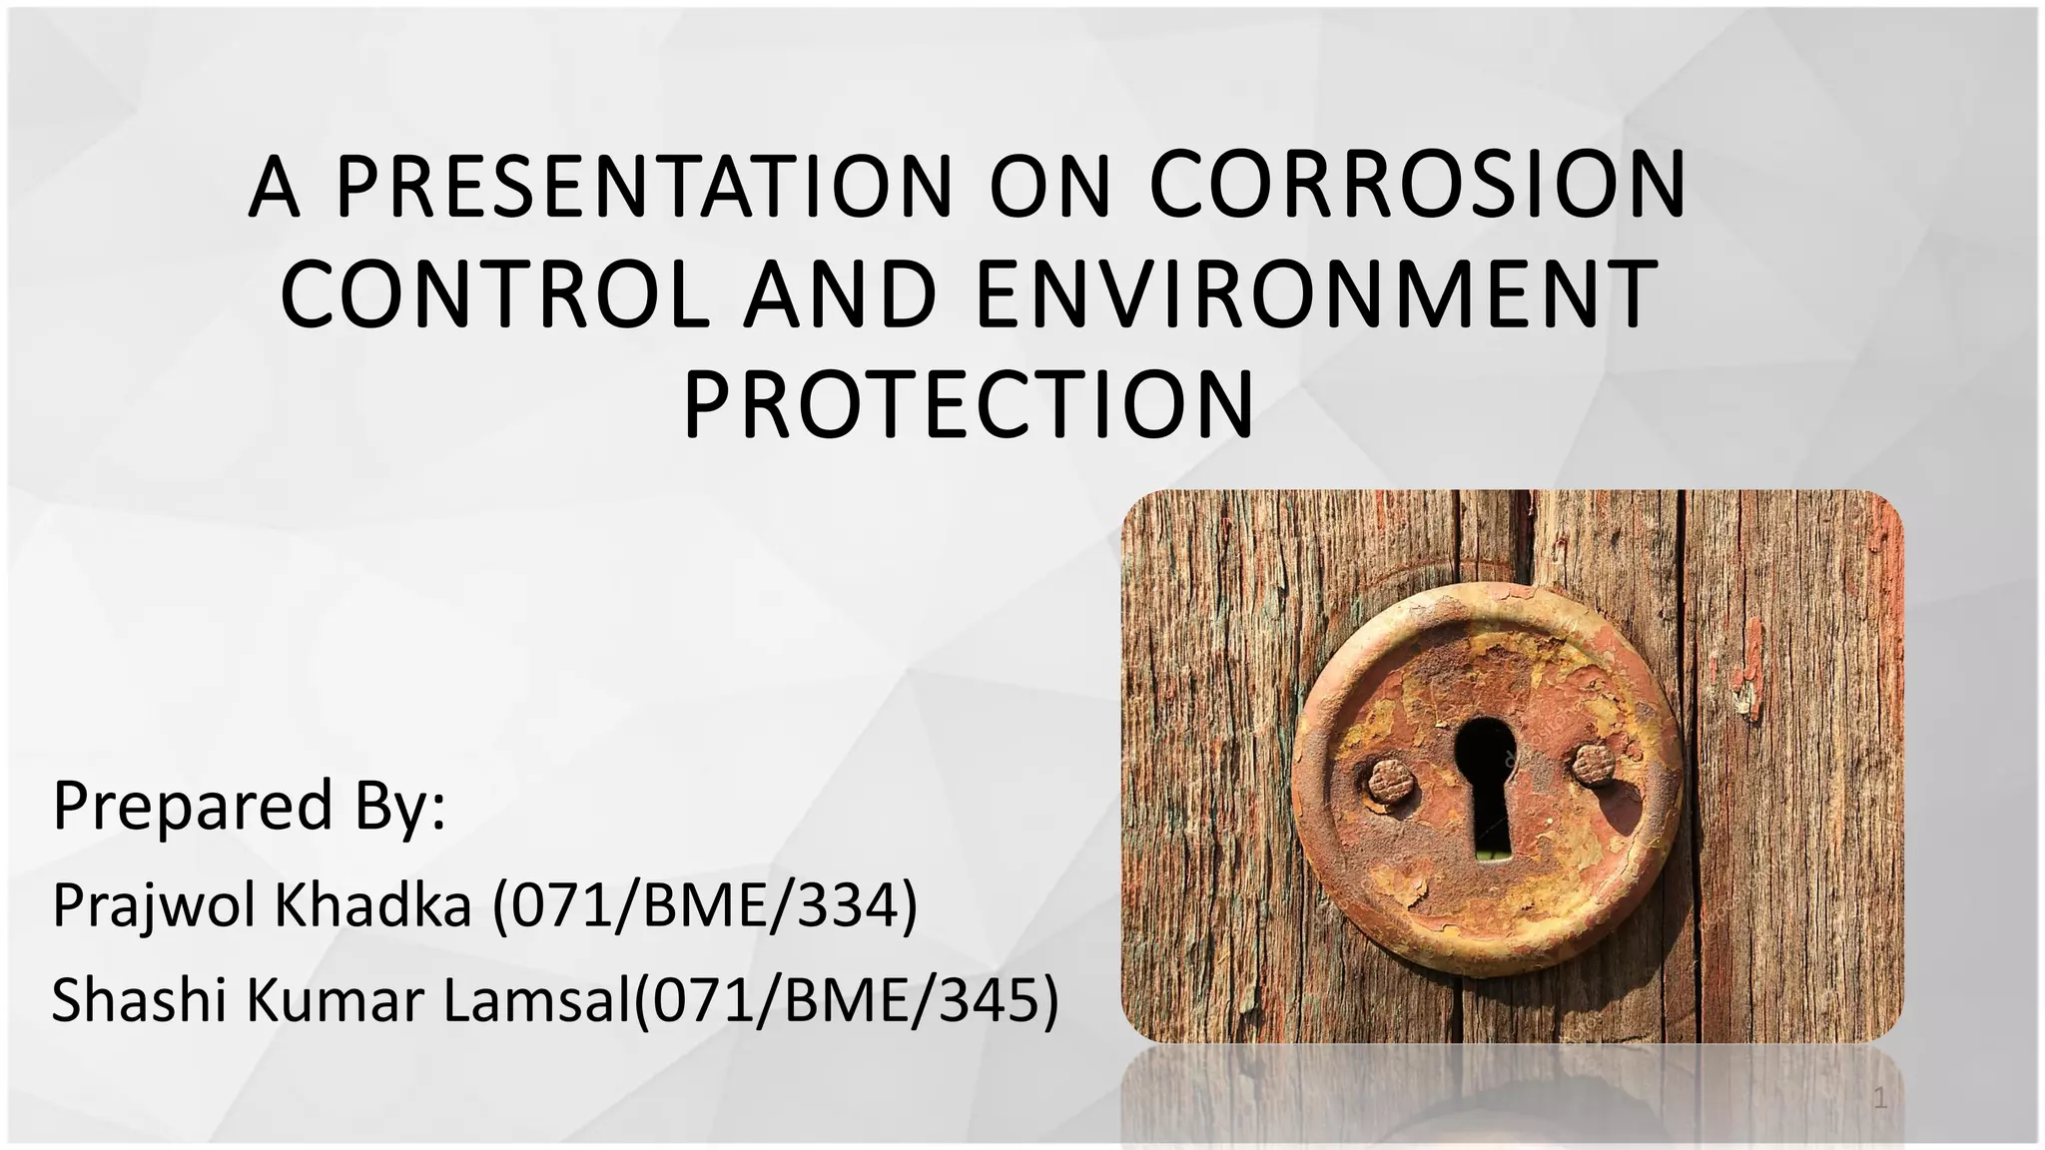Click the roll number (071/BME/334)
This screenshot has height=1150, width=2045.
pyautogui.click(x=705, y=906)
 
